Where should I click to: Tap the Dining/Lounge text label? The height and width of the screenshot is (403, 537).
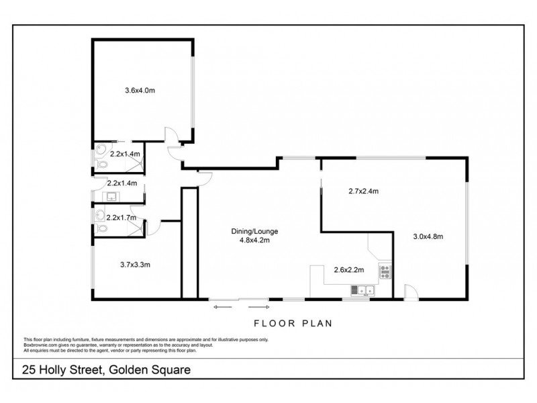pos(252,232)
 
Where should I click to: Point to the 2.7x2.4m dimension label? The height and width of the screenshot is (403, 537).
pos(363,191)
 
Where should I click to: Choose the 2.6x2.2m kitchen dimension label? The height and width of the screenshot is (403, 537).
pos(348,271)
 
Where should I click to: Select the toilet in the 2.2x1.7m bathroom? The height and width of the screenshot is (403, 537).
pos(101,230)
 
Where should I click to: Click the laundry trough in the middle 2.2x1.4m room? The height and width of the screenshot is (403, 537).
pos(111,196)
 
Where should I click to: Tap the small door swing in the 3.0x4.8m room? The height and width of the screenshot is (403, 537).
pos(410,291)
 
